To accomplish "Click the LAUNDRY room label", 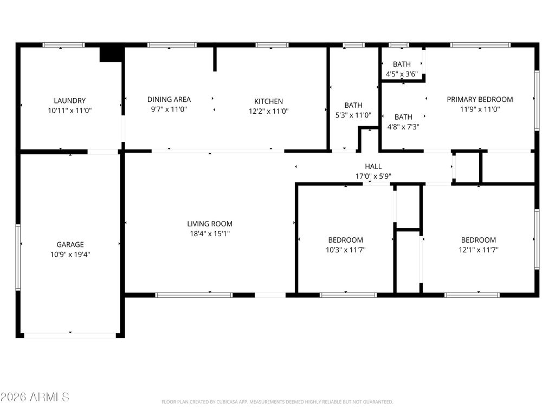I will click(x=69, y=100).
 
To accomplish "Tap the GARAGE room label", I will click(x=70, y=244).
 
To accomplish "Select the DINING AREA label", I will click(x=169, y=99).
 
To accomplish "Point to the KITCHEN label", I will click(x=269, y=101).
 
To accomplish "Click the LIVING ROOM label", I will click(x=210, y=224).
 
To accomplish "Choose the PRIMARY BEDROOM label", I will click(x=480, y=99).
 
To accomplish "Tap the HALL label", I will click(x=373, y=166).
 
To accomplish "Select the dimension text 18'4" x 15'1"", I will click(x=210, y=233).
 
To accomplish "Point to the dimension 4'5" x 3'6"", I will click(x=402, y=74).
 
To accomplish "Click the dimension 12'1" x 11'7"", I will click(x=479, y=250).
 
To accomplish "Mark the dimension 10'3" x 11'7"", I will click(x=345, y=250).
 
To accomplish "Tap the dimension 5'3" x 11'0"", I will click(x=353, y=115).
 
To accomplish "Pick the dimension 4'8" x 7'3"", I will click(x=403, y=127).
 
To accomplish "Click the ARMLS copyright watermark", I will click(x=35, y=397).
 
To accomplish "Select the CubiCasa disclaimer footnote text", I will click(x=277, y=402).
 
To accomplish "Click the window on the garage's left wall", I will click(x=18, y=257).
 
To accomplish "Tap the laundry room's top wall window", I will click(x=63, y=45).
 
